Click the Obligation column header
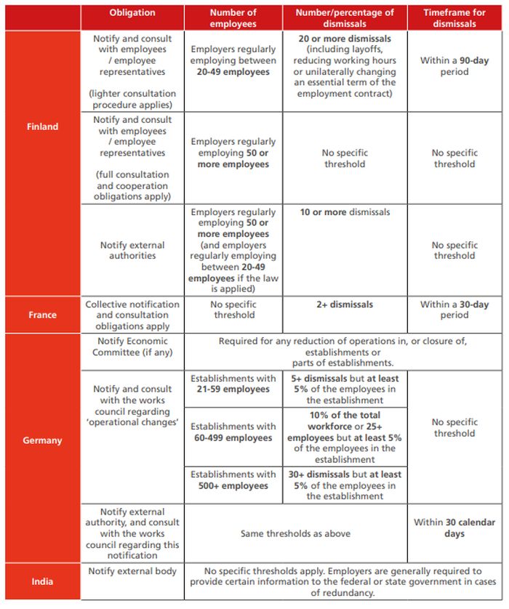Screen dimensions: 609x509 pyautogui.click(x=132, y=13)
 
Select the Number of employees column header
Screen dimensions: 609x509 pyautogui.click(x=233, y=18)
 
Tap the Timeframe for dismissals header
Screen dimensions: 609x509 pyautogui.click(x=454, y=18)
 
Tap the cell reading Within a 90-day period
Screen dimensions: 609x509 pyautogui.click(x=454, y=66)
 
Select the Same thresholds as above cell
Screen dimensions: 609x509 pyautogui.click(x=295, y=533)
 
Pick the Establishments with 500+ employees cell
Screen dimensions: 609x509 pyautogui.click(x=233, y=480)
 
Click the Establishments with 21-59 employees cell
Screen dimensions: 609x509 pyautogui.click(x=233, y=384)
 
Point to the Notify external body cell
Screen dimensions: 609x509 pyautogui.click(x=132, y=571)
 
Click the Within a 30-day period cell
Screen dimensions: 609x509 pyautogui.click(x=454, y=310)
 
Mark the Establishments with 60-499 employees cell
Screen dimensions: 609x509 pyautogui.click(x=233, y=432)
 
